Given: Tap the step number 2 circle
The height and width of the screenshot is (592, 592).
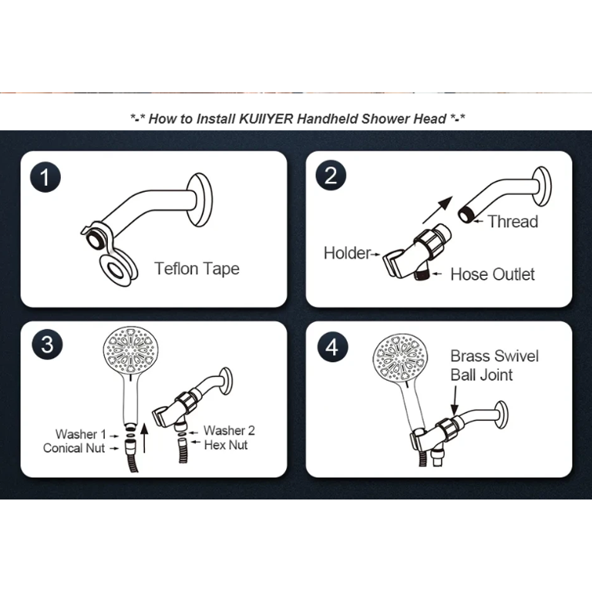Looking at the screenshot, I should point(331,177).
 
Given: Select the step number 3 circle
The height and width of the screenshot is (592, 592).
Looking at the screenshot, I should point(47,344).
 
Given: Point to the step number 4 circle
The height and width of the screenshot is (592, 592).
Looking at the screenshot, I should point(331,346).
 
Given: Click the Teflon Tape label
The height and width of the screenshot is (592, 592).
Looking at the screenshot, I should point(197,269).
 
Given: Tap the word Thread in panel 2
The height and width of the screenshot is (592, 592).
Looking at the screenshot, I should point(513,222).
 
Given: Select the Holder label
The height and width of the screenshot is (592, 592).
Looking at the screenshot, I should point(347,253).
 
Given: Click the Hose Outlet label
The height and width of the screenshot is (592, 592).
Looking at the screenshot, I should point(492,274).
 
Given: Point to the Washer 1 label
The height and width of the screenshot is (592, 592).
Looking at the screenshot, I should point(80,435).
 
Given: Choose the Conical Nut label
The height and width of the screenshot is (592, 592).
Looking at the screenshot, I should point(74,448).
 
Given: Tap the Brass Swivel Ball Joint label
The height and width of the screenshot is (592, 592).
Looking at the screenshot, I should point(494,365).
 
